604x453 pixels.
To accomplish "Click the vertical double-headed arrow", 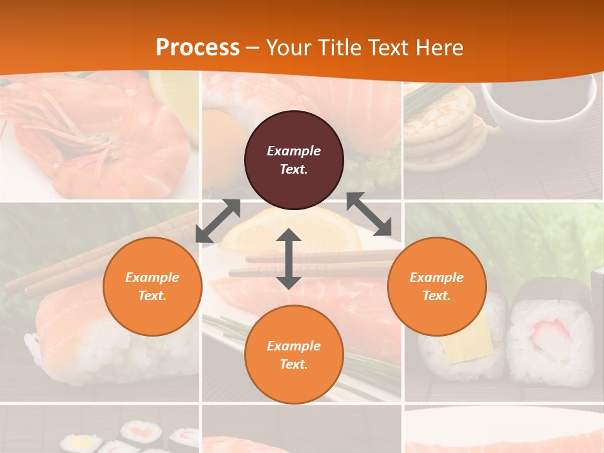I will tap(289, 259).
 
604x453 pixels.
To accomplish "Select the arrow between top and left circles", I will tap(218, 221).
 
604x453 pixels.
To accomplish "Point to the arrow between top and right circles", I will tap(369, 215).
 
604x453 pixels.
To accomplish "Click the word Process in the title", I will tap(198, 47).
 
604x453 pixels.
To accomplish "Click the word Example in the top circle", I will tap(294, 151).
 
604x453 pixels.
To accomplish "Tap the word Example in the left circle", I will tap(152, 277).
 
